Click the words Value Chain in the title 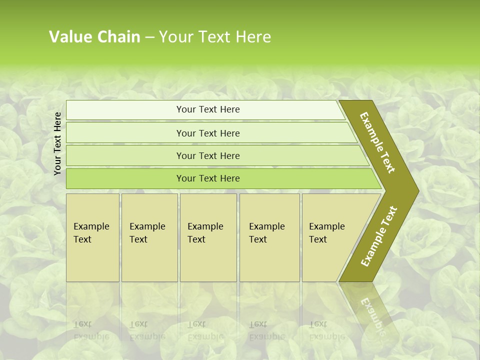[x=94, y=37]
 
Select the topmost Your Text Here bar [x=207, y=109]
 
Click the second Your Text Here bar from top [x=207, y=133]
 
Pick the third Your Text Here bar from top [x=207, y=155]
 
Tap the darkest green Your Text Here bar [x=207, y=178]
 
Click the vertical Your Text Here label [x=57, y=143]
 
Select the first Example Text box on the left [x=92, y=237]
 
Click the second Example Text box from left [x=149, y=237]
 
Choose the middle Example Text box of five [x=208, y=237]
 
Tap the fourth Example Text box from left [x=269, y=237]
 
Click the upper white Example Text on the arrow [x=377, y=142]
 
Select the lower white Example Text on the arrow [x=379, y=236]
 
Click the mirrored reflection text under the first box [x=91, y=330]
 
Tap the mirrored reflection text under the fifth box [x=326, y=330]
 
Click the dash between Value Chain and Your [x=149, y=37]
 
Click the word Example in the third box [x=205, y=226]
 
